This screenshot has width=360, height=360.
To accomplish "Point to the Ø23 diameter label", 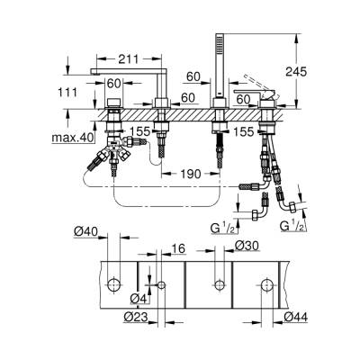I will (x=134, y=317).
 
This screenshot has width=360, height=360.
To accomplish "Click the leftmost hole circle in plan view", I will (x=114, y=285).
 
